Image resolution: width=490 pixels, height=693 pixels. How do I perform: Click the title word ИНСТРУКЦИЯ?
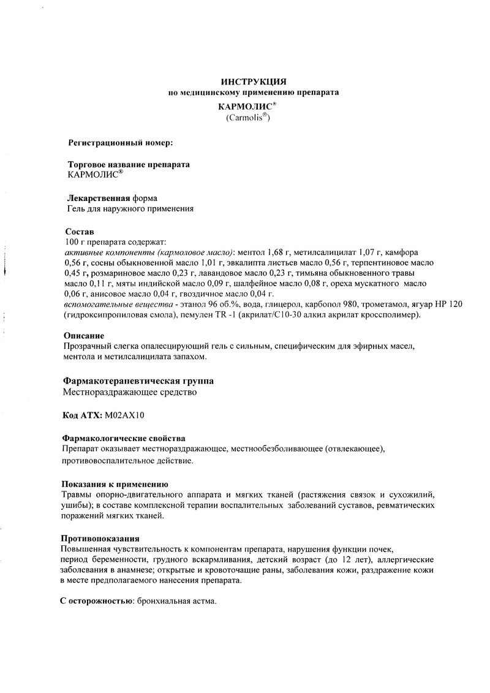coord(253,81)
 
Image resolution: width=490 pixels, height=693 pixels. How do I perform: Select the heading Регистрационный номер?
coord(120,143)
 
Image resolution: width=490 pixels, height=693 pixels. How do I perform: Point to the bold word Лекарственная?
coord(97,199)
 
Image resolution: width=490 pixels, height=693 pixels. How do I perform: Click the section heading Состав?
coord(80,232)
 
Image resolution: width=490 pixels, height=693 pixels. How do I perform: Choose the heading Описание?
coord(83,336)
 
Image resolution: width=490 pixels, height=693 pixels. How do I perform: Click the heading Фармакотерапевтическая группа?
coord(138,381)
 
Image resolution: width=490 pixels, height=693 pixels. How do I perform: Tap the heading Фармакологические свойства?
coord(124,439)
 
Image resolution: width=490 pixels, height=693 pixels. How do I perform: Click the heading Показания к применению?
coord(115,484)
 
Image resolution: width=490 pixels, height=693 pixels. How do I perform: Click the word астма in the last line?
coord(203,602)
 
